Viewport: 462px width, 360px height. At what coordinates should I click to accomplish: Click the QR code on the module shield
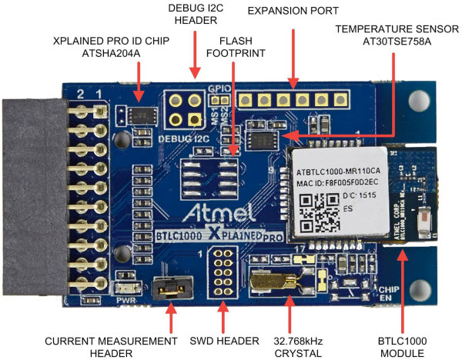318,215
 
